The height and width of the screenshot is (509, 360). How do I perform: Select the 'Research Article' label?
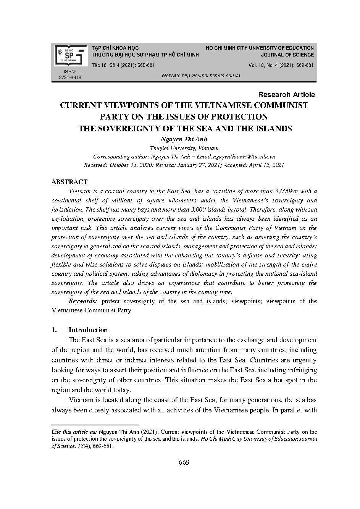tap(286, 94)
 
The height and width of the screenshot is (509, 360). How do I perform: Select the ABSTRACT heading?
tap(69, 182)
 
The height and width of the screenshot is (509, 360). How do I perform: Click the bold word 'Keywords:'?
tap(83, 301)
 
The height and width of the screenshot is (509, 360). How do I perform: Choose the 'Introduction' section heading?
tap(88, 330)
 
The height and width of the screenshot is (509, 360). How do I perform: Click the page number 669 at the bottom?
tap(184, 463)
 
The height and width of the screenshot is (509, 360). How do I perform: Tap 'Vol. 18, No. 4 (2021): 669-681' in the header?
tap(281, 65)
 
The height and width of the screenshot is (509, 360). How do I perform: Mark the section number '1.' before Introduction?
tap(54, 330)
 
